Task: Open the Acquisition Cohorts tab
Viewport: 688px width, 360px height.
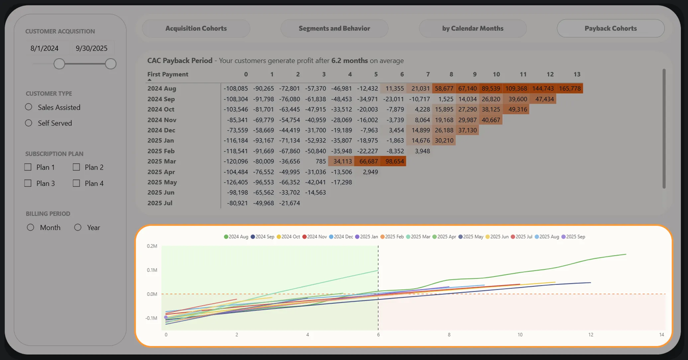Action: tap(196, 28)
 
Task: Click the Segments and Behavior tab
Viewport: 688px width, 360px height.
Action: tap(334, 28)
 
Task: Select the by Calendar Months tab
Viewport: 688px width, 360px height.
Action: tap(472, 28)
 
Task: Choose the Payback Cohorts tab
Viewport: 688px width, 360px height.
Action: tap(611, 28)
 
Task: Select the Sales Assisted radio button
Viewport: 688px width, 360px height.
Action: tap(29, 107)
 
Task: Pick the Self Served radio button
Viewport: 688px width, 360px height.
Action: tap(29, 123)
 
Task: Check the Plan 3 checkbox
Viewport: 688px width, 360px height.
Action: tap(28, 183)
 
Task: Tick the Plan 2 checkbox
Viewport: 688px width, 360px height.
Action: tap(76, 167)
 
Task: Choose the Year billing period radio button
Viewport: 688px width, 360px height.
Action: tap(78, 227)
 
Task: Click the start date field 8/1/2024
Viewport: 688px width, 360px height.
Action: tap(45, 48)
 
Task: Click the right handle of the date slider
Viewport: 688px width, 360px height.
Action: tap(111, 64)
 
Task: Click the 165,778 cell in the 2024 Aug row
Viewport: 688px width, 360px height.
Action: tap(570, 88)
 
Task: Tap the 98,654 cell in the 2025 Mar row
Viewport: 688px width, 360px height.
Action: tap(394, 161)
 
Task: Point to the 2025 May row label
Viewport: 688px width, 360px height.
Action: tap(162, 182)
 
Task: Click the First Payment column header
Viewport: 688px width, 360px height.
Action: tap(168, 74)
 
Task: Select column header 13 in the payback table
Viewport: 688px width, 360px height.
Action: tap(577, 74)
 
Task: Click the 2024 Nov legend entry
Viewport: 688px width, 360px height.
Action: tap(315, 237)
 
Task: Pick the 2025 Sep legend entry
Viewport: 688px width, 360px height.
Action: tap(573, 237)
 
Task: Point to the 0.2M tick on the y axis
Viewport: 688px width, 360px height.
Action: tap(152, 246)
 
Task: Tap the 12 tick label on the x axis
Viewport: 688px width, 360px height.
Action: tap(591, 335)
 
